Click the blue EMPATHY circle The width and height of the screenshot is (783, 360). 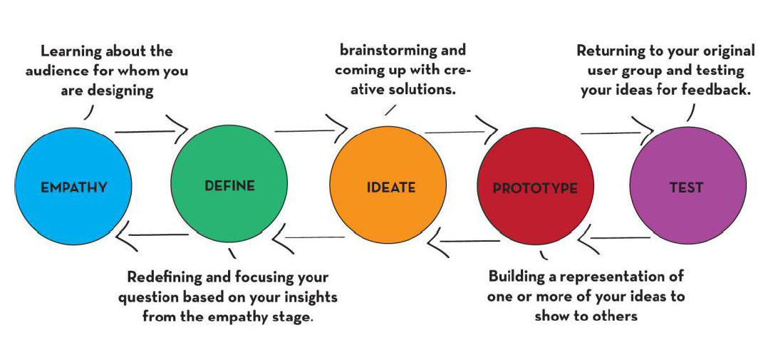[x=73, y=186]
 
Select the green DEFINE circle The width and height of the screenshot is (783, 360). [x=229, y=184]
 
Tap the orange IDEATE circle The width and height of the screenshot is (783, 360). [x=388, y=185]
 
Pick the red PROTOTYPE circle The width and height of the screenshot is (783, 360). [x=536, y=186]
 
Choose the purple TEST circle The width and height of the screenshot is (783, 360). [x=688, y=185]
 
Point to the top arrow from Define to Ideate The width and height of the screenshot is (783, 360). [x=311, y=131]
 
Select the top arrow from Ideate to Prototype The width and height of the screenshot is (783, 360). [x=461, y=132]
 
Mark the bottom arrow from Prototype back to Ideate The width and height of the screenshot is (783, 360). [x=463, y=241]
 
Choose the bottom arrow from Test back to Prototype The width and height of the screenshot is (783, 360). [x=614, y=237]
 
